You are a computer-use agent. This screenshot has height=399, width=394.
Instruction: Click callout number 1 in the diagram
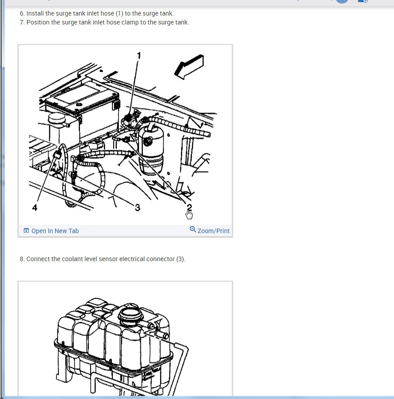click(x=139, y=56)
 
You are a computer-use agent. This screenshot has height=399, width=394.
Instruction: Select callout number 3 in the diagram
click(x=137, y=208)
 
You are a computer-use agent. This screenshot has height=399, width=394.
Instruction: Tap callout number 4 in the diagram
click(x=35, y=208)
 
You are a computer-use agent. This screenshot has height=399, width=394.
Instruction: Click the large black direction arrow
click(x=189, y=67)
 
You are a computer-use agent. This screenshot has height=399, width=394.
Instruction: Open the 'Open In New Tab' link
click(x=55, y=231)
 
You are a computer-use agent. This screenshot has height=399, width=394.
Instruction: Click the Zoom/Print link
click(x=213, y=231)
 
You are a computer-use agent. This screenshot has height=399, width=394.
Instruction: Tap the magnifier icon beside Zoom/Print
click(x=193, y=229)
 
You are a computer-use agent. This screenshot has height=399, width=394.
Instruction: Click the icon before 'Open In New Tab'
click(x=26, y=230)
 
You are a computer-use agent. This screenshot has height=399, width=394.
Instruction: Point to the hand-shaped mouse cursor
click(x=189, y=214)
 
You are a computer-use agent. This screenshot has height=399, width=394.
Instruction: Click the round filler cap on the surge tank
click(x=129, y=313)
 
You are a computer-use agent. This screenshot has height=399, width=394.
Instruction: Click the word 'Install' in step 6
click(x=35, y=13)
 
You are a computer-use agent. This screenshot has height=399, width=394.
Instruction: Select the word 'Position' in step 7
click(x=38, y=22)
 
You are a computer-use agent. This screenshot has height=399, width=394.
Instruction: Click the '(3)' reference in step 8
click(x=181, y=259)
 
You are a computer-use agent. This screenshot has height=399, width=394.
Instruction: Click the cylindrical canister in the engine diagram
click(x=151, y=150)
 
